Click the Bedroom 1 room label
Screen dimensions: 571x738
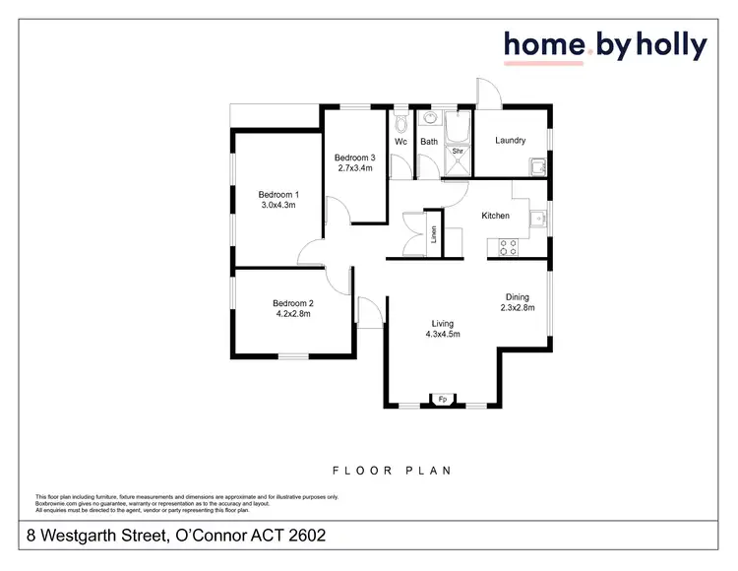click(278, 195)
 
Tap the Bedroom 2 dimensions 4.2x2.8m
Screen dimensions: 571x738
click(292, 315)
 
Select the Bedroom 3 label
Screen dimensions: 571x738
click(354, 158)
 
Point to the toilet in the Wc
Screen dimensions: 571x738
click(400, 124)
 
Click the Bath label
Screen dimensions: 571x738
click(429, 142)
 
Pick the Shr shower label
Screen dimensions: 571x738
click(458, 152)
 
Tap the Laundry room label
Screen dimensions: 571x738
click(510, 141)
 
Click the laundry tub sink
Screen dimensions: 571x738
click(538, 167)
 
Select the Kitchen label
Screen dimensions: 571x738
click(495, 216)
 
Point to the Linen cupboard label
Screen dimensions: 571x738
click(434, 235)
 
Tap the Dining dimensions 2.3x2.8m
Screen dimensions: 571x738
click(517, 308)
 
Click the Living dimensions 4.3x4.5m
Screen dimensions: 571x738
click(442, 335)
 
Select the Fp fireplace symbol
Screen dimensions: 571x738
click(443, 400)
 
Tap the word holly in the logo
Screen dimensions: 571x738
click(672, 45)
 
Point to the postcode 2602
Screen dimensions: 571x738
click(303, 537)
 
